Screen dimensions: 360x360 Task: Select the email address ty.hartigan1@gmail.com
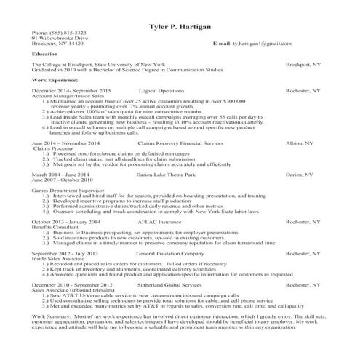tap(263, 44)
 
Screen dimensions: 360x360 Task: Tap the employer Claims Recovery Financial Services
tap(179, 144)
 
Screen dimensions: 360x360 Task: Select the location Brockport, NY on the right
tap(303, 64)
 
